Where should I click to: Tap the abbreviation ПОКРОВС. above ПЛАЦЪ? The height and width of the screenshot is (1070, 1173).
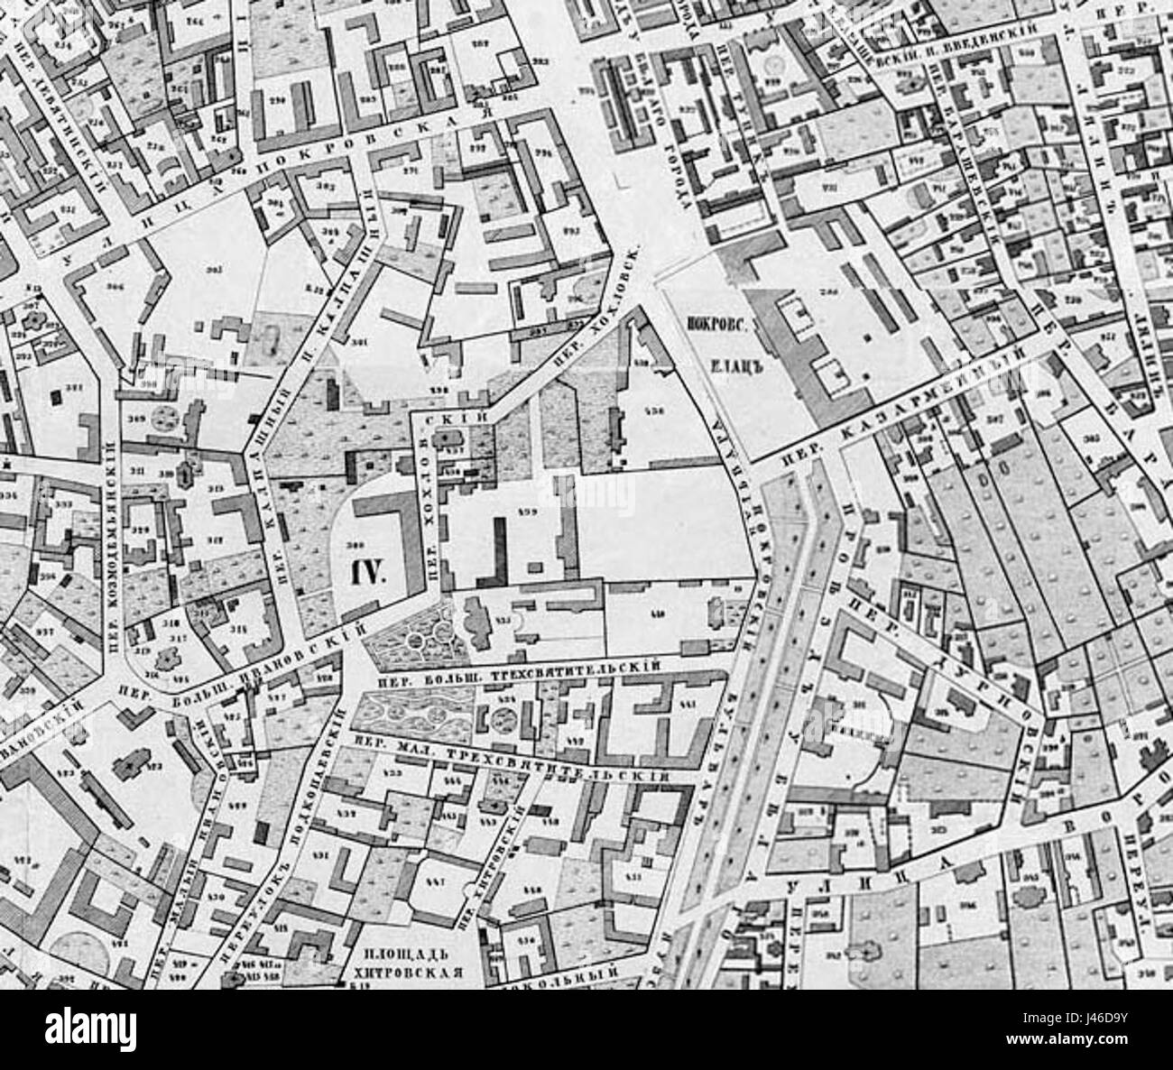pos(719,330)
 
